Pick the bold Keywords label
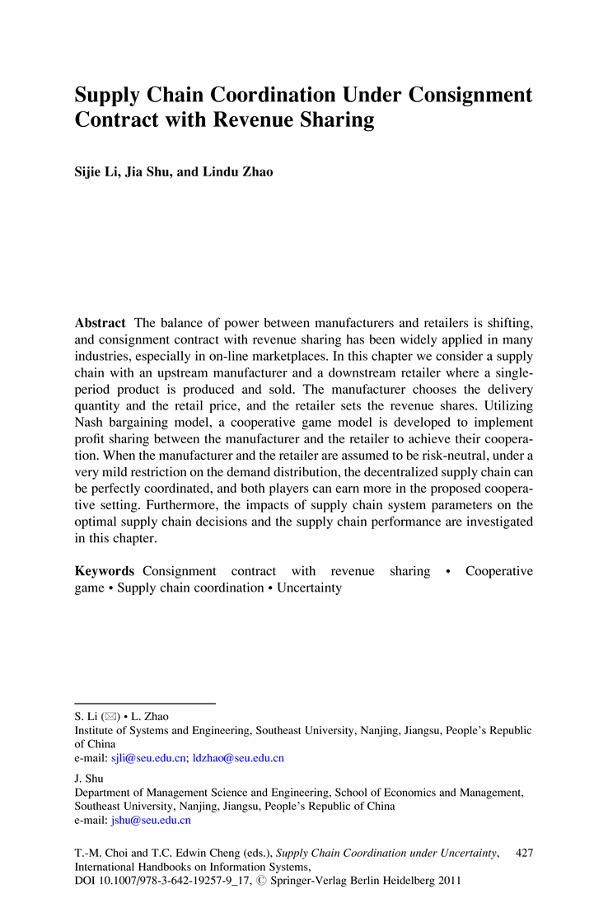(104, 571)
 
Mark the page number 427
(523, 853)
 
